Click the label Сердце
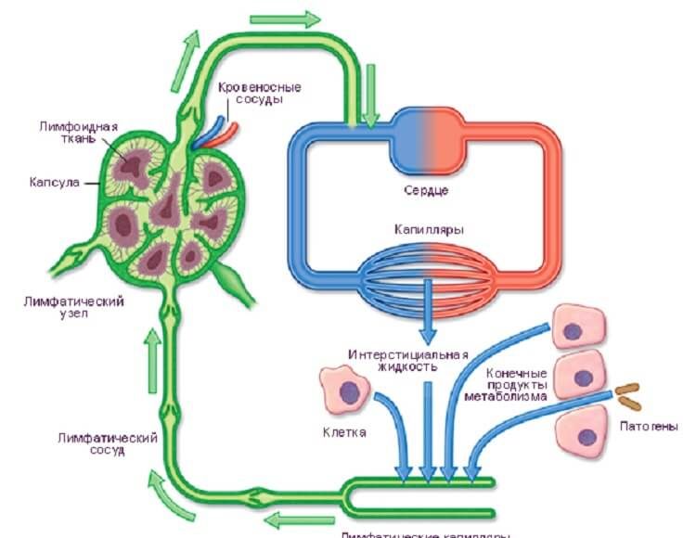pos(427,191)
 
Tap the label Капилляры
pos(427,228)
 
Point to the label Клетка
pos(344,432)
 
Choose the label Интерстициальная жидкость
pos(409,360)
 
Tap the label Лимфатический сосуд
pos(106,444)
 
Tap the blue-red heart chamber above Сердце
pos(427,140)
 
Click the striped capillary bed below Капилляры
pos(427,271)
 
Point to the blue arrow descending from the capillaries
pos(427,315)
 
